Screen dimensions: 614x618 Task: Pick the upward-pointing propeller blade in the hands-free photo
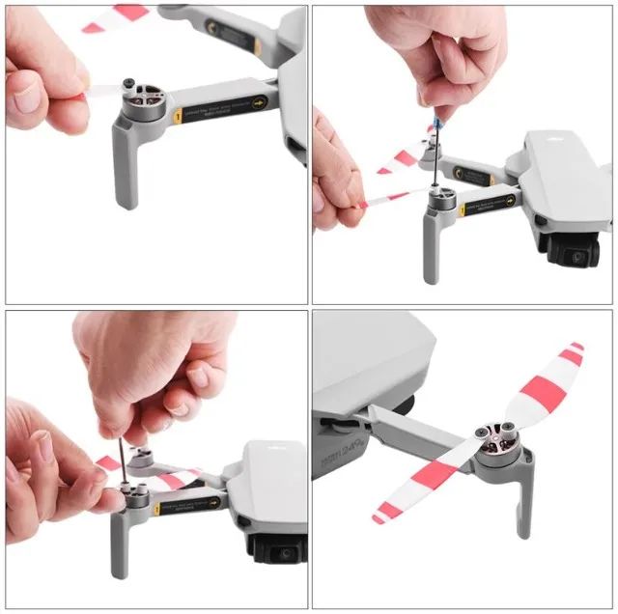point(547,385)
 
